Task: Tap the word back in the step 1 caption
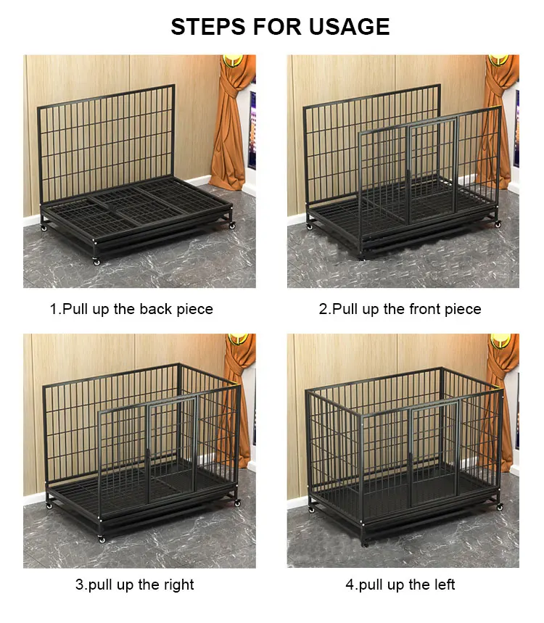pyautogui.click(x=157, y=309)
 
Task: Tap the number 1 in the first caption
pyautogui.click(x=53, y=309)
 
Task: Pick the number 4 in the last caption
pyautogui.click(x=350, y=585)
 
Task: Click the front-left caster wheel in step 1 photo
pyautogui.click(x=96, y=260)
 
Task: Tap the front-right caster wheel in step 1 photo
pyautogui.click(x=232, y=226)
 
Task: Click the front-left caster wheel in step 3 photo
pyautogui.click(x=100, y=539)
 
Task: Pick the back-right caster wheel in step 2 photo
pyautogui.click(x=498, y=225)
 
